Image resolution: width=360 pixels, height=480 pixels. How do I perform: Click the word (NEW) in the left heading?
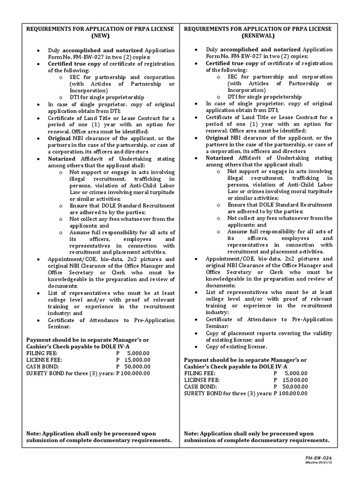tap(100, 36)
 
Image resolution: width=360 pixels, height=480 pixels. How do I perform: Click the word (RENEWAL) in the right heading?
tap(258, 36)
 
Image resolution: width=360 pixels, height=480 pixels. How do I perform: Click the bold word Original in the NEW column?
tap(59, 138)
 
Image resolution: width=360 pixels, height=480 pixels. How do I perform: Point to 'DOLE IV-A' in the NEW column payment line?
tap(116, 346)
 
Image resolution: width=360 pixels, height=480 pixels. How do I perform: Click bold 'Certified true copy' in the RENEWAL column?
tap(232, 63)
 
